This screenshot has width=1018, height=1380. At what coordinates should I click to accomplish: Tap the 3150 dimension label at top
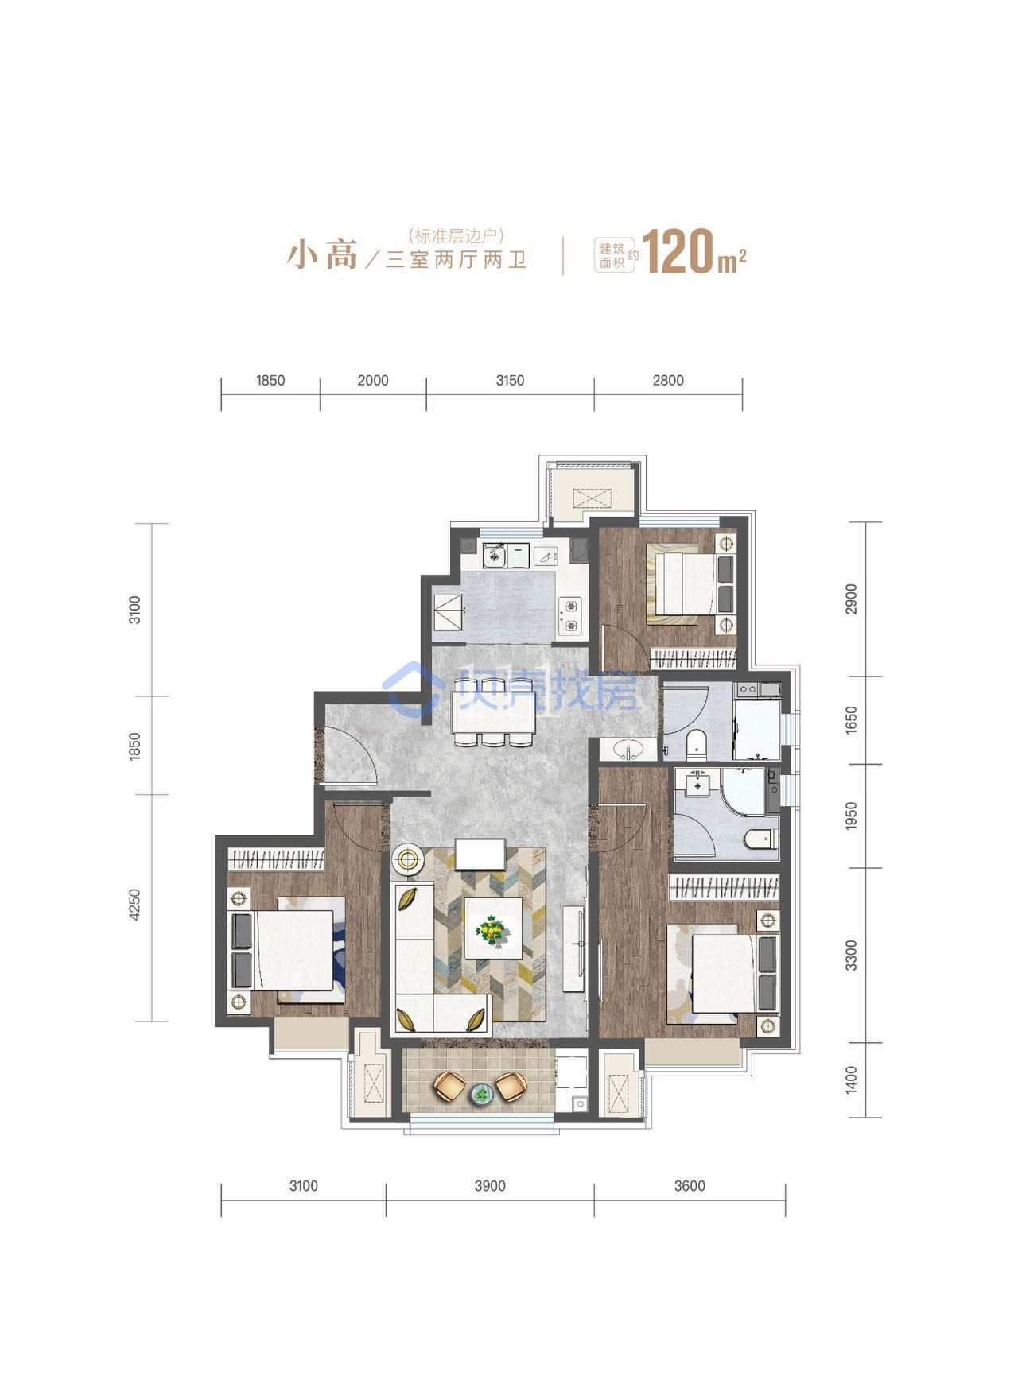click(510, 381)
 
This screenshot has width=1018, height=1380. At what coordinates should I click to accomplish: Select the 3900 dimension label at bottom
click(490, 1186)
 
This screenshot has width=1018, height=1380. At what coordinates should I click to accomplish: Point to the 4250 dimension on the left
click(134, 905)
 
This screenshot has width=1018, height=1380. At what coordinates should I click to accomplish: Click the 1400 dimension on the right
click(852, 1080)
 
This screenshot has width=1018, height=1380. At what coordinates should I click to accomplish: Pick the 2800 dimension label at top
click(668, 381)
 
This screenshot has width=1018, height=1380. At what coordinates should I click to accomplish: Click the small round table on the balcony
click(482, 1095)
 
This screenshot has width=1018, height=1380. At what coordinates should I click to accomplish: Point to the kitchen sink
click(495, 554)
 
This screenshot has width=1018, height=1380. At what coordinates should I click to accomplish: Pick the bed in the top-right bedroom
click(682, 580)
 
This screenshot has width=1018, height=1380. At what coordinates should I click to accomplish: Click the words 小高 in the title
click(323, 254)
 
